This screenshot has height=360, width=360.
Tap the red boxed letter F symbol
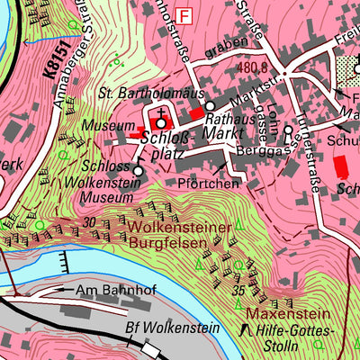(185, 15)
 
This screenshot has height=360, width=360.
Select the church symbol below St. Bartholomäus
(161, 123)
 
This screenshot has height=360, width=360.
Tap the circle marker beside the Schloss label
(139, 169)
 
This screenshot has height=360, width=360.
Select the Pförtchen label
(208, 183)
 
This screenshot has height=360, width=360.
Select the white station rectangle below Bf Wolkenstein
(149, 346)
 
